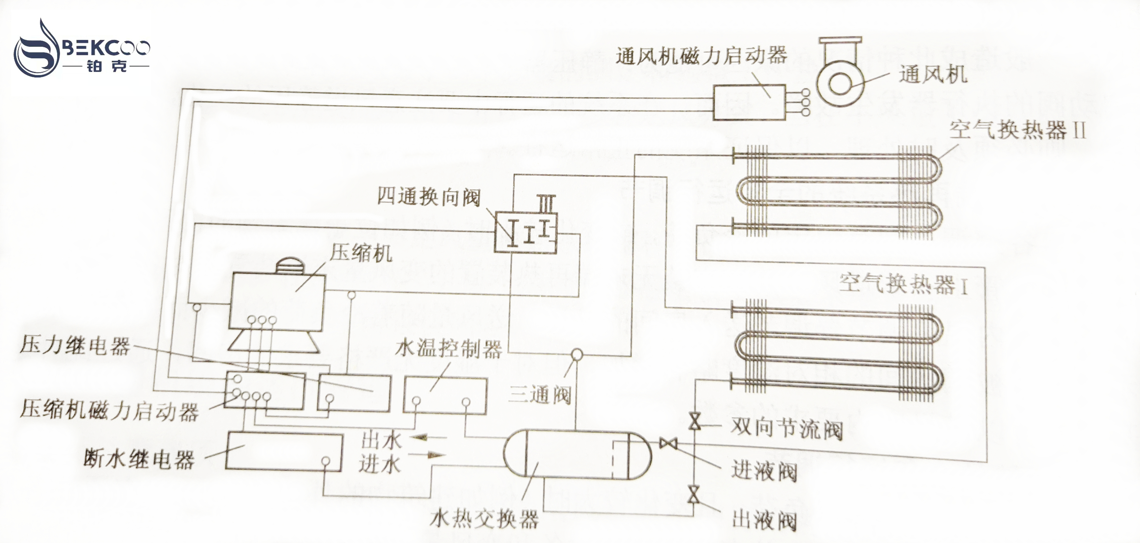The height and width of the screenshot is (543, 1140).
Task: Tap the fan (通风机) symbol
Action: tap(840, 80)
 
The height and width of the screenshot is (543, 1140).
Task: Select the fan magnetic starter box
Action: tap(749, 102)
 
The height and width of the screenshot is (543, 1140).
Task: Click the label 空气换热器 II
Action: tap(1017, 130)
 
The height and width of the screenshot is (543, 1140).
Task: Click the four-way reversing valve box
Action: tap(525, 232)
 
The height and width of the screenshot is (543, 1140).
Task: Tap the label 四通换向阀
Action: tap(428, 197)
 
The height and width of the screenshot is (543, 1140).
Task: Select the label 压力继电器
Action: tap(75, 345)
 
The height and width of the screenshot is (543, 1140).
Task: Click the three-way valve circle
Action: tap(577, 354)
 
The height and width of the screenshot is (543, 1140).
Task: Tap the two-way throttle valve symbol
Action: tap(694, 421)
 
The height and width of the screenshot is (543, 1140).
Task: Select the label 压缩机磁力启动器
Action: tap(109, 410)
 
